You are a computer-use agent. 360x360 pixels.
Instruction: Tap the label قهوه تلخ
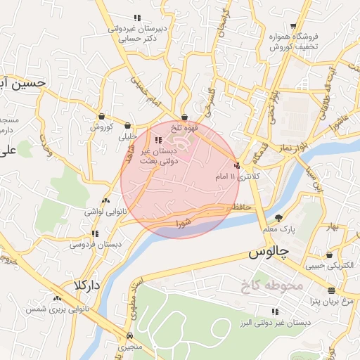tap(185, 128)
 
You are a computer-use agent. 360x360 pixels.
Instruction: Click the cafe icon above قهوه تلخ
tap(184, 117)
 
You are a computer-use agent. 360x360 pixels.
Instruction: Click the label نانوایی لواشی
tap(104, 211)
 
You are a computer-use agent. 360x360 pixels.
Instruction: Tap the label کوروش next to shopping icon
tap(101, 127)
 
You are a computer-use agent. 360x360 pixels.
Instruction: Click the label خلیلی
tap(127, 136)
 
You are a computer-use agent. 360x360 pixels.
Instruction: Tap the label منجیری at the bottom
tap(129, 347)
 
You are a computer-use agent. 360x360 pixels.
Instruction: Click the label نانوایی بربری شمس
tap(57, 309)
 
